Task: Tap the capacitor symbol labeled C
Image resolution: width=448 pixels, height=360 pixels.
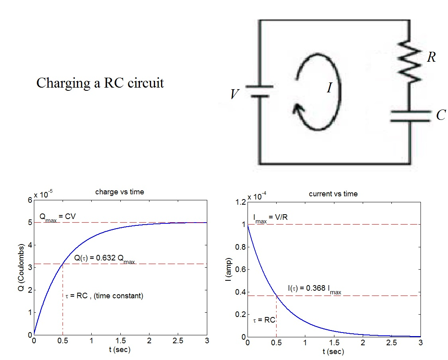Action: point(410,116)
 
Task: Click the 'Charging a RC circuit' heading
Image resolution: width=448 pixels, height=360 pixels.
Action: point(100,83)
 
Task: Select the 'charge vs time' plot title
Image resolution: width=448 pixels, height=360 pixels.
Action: point(120,192)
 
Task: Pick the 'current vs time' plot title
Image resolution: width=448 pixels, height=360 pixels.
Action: point(333,194)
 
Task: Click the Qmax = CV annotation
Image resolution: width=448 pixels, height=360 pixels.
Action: point(57,217)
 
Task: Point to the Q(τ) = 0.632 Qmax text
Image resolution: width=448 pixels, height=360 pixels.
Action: point(104,258)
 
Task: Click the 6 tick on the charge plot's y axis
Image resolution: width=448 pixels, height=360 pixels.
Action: point(29,200)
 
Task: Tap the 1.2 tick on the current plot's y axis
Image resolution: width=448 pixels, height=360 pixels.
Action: point(240,202)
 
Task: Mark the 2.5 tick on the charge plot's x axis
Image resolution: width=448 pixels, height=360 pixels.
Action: point(178,341)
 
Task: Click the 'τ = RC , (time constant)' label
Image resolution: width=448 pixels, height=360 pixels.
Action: point(104,296)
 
